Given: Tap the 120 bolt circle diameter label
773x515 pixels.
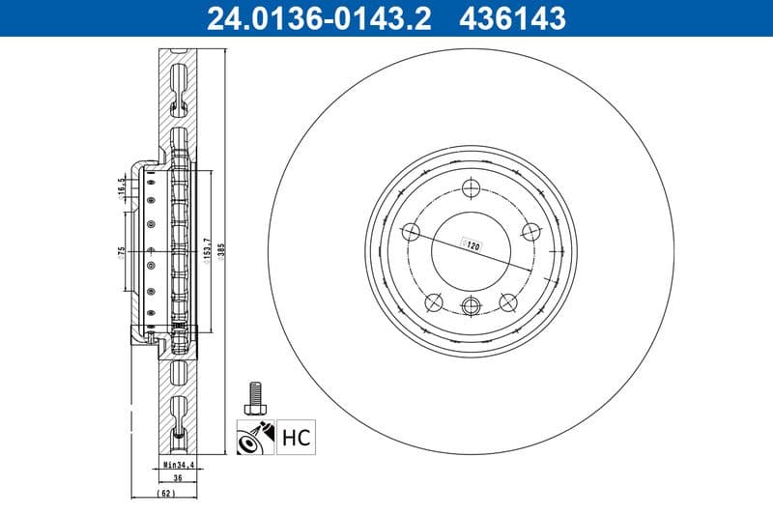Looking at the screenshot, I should pyautogui.click(x=473, y=247).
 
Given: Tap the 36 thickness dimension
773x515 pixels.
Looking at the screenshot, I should pyautogui.click(x=177, y=477).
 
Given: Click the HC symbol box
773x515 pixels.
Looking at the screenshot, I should pyautogui.click(x=297, y=439).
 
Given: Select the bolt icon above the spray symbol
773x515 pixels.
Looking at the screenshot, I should pyautogui.click(x=255, y=393).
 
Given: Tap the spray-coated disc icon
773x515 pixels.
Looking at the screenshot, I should pyautogui.click(x=255, y=438).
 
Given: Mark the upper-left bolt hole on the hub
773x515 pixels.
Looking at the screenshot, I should pyautogui.click(x=411, y=231).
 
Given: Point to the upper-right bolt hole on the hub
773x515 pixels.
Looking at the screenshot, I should pyautogui.click(x=530, y=231).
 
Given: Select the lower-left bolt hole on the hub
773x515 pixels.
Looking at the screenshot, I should pyautogui.click(x=434, y=302).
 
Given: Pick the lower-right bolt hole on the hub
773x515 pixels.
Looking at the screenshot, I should pyautogui.click(x=507, y=302).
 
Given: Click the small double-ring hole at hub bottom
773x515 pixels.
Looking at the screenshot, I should pyautogui.click(x=471, y=307).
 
